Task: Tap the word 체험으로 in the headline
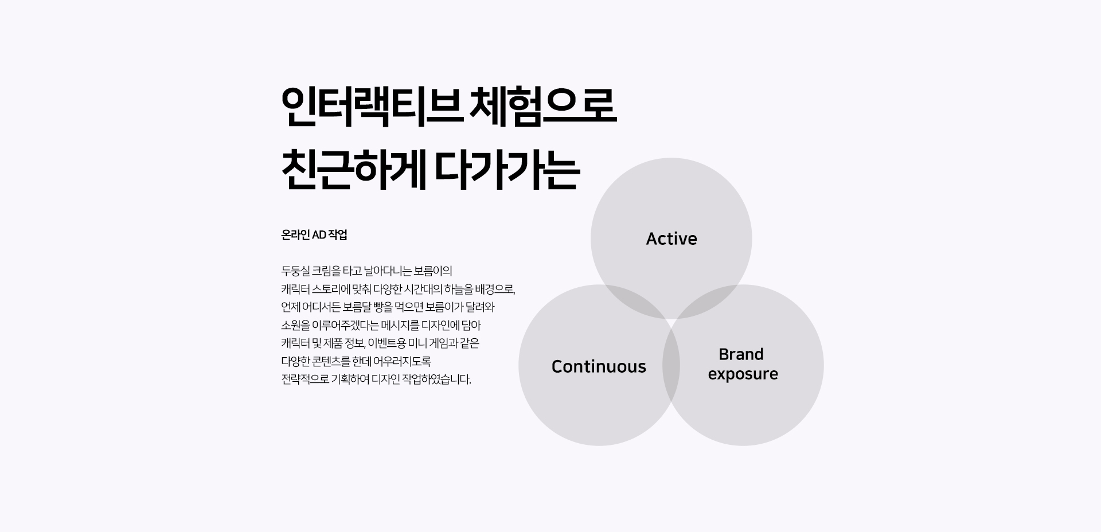[543, 107]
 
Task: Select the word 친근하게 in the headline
[354, 170]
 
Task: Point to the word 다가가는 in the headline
[507, 170]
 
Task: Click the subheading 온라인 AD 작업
[314, 235]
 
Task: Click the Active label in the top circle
[671, 238]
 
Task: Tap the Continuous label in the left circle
[599, 366]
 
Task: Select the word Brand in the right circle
[741, 354]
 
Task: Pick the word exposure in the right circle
[743, 374]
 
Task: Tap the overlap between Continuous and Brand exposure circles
[671, 365]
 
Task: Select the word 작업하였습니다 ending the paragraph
[436, 380]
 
